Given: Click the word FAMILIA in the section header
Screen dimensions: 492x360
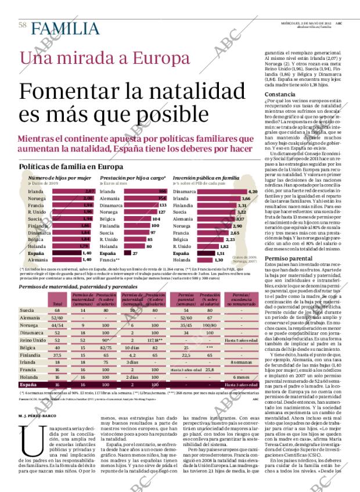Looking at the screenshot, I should point(57,26).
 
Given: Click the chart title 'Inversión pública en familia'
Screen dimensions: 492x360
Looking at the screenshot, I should point(206,177).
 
